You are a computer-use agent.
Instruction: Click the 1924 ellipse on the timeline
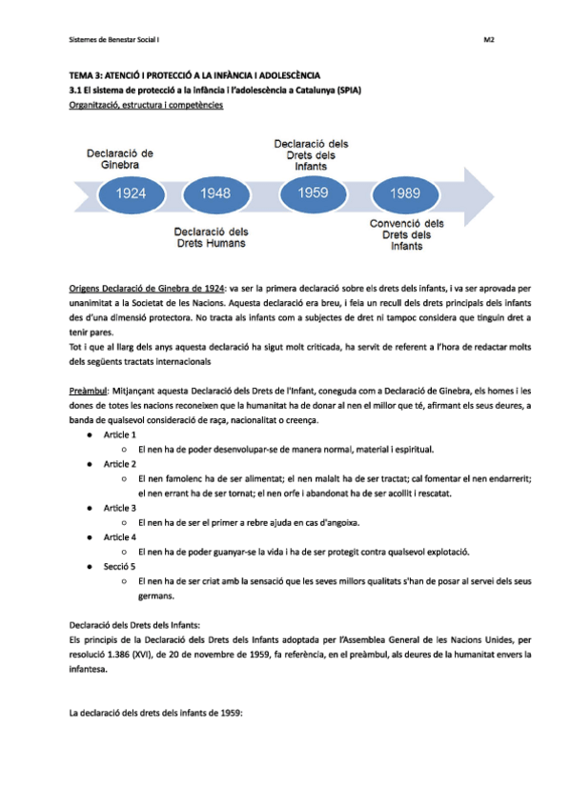131,193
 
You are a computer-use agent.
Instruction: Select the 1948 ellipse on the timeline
216,193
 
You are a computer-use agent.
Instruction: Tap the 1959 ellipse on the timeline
313,192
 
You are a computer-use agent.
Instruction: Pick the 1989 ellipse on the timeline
404,194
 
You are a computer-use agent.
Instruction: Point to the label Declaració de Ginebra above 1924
120,158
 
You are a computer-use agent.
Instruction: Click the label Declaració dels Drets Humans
212,237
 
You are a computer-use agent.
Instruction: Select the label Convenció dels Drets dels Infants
407,234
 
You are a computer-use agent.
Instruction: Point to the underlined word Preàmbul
88,390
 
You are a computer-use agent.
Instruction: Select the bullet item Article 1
120,434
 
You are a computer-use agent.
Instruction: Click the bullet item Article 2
120,463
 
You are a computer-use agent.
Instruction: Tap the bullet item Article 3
120,508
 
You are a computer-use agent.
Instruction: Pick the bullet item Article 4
120,537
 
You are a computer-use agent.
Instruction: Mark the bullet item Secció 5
120,567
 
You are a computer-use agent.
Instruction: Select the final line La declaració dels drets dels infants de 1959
157,711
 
